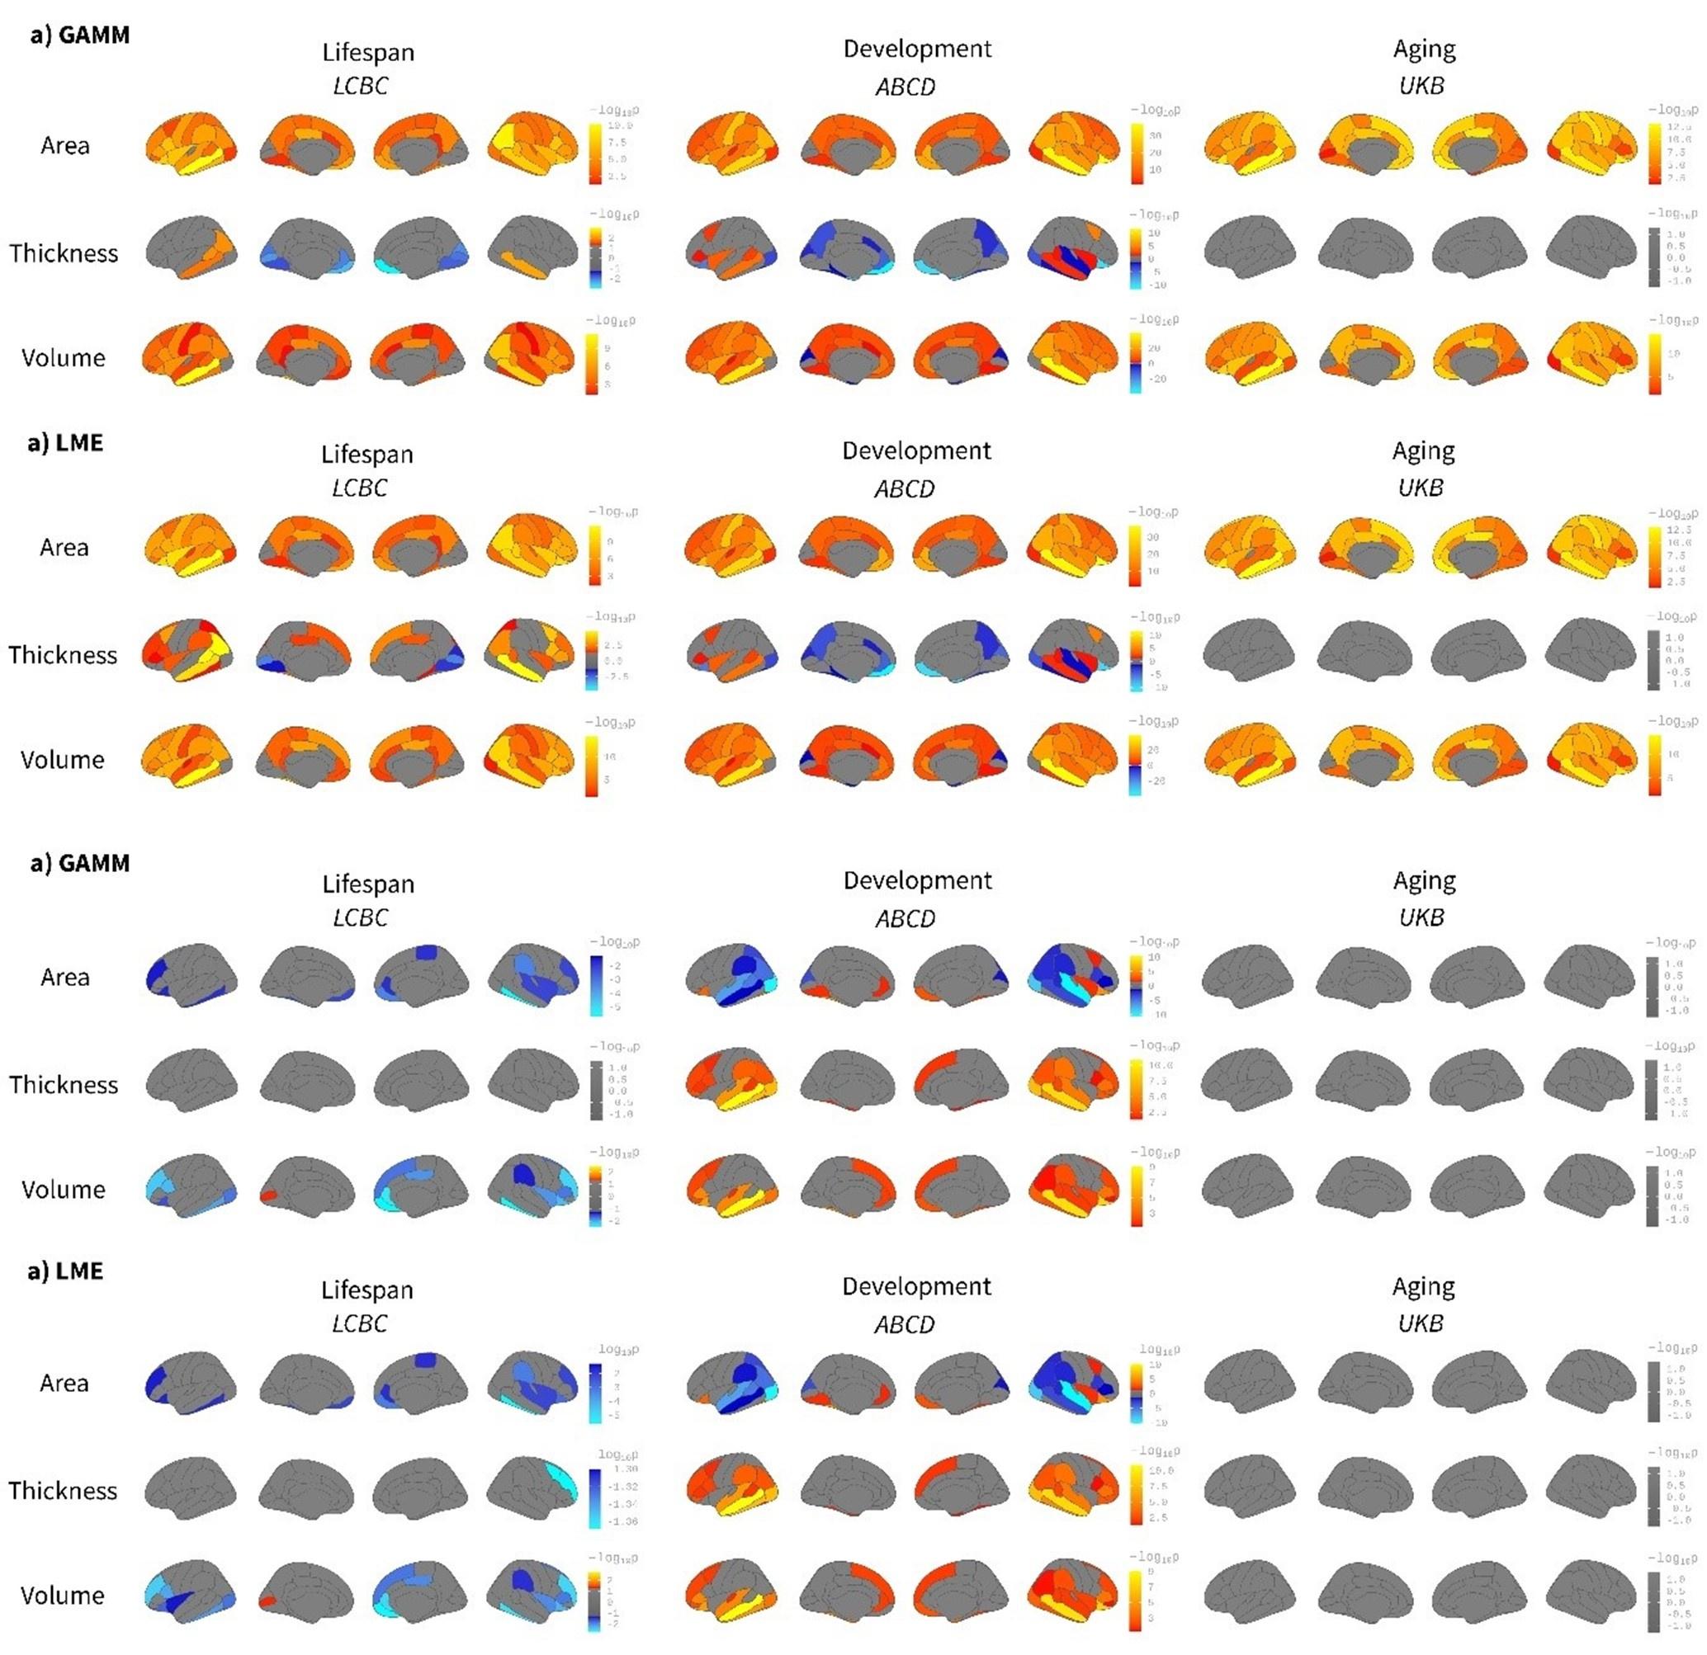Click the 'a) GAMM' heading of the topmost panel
pyautogui.click(x=79, y=35)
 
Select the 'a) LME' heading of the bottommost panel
pyautogui.click(x=65, y=1271)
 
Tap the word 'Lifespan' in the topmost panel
pyautogui.click(x=367, y=52)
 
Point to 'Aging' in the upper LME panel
pyautogui.click(x=1423, y=450)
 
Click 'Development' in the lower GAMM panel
pyautogui.click(x=917, y=880)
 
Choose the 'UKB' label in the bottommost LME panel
pyautogui.click(x=1421, y=1323)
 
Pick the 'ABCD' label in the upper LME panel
pyautogui.click(x=904, y=488)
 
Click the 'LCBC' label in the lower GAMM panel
pyautogui.click(x=360, y=917)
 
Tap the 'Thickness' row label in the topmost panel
pyautogui.click(x=64, y=253)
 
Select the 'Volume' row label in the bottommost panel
pyautogui.click(x=62, y=1595)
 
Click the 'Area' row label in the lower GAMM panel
pyautogui.click(x=64, y=977)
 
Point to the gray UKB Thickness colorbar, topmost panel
pyautogui.click(x=1653, y=257)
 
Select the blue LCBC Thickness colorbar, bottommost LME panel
pyautogui.click(x=594, y=1499)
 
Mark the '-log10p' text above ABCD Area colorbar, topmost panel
pyautogui.click(x=1153, y=110)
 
